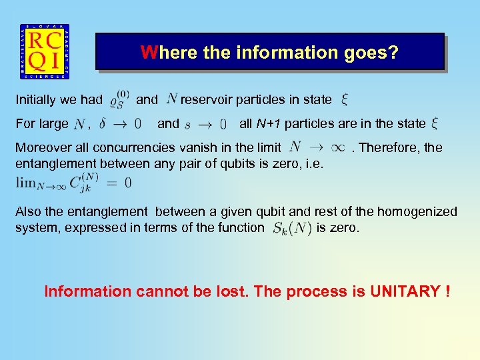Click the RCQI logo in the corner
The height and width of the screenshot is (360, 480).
point(45,53)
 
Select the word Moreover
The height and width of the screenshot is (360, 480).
point(42,147)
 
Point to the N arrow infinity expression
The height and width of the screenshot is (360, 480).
point(317,147)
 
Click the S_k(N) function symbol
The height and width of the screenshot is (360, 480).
point(291,228)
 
